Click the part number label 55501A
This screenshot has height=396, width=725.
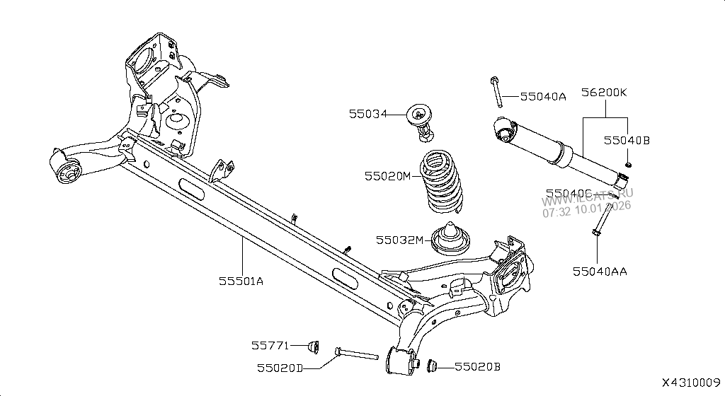pyautogui.click(x=241, y=281)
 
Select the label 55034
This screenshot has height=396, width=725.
pyautogui.click(x=367, y=113)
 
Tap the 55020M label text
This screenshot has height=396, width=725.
pyautogui.click(x=387, y=175)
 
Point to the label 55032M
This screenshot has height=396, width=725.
pyautogui.click(x=399, y=240)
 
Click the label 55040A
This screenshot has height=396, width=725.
pyautogui.click(x=543, y=97)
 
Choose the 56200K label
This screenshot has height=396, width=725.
pyautogui.click(x=605, y=93)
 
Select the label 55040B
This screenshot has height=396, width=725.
pyautogui.click(x=627, y=141)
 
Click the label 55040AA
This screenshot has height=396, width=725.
pyautogui.click(x=600, y=271)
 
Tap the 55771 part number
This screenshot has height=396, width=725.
pyautogui.click(x=270, y=346)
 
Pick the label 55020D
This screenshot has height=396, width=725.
pyautogui.click(x=279, y=368)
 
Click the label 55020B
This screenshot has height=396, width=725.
pyautogui.click(x=477, y=366)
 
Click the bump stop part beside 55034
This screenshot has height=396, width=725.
pyautogui.click(x=422, y=120)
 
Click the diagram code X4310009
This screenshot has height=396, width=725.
pyautogui.click(x=691, y=382)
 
